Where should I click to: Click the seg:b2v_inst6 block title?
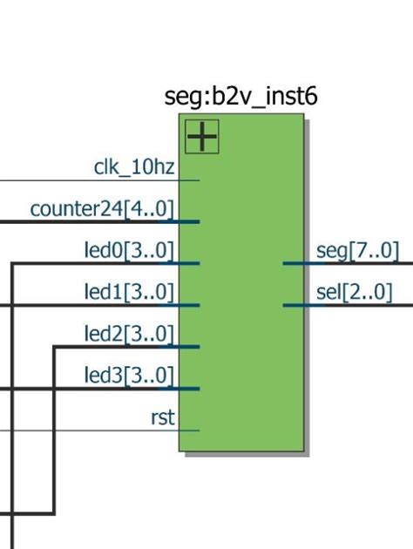click(x=240, y=97)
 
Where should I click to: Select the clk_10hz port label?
click(x=134, y=167)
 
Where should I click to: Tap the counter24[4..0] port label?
click(x=102, y=209)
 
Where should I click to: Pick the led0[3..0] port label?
click(x=129, y=251)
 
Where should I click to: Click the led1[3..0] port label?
click(x=129, y=293)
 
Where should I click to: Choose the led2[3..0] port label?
click(x=129, y=335)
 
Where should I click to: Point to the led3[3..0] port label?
click(x=129, y=376)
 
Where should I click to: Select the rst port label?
click(x=163, y=418)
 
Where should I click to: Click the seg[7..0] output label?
click(x=357, y=251)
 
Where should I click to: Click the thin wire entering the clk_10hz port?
click(x=87, y=180)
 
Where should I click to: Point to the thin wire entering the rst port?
click(x=87, y=430)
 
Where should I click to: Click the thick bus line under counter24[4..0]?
click(x=87, y=221)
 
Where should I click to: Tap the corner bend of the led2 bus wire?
click(x=55, y=347)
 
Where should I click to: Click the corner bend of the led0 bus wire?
click(x=11, y=263)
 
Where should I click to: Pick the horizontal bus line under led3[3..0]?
click(x=87, y=389)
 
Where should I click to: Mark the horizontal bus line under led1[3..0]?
click(x=87, y=305)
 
